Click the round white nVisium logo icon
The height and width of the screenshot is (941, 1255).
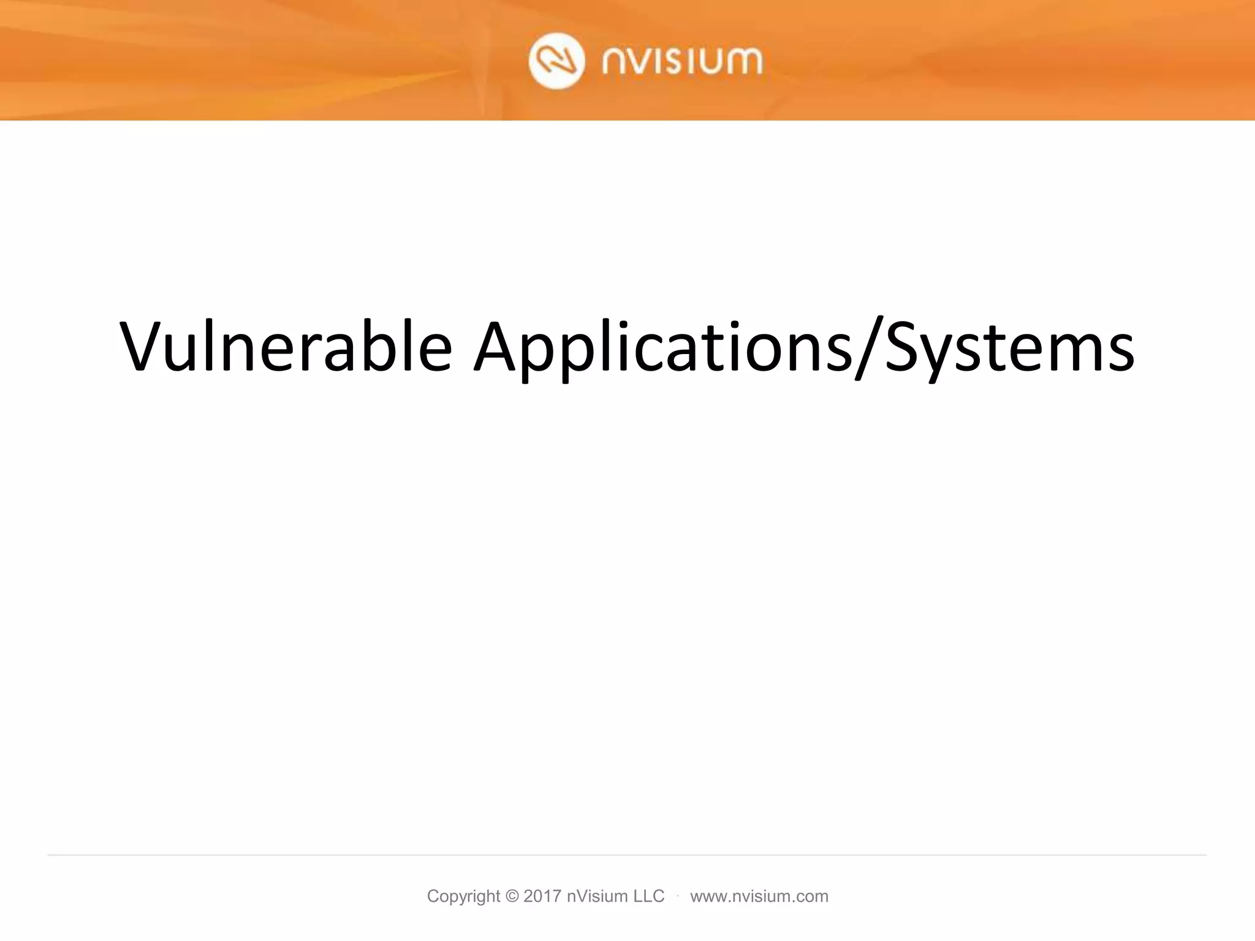[x=556, y=61]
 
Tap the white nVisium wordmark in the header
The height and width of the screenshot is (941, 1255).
[x=682, y=61]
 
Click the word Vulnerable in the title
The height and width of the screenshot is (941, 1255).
[x=286, y=347]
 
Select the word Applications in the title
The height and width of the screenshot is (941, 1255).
[x=662, y=347]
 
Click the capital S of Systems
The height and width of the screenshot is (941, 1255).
[x=904, y=347]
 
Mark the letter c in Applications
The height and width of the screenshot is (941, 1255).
[x=652, y=354]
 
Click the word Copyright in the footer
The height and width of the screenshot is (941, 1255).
[x=463, y=896]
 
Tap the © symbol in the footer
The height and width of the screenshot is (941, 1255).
[x=512, y=896]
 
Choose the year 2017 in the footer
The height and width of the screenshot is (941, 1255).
[x=542, y=896]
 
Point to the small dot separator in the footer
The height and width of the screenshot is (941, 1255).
[x=678, y=896]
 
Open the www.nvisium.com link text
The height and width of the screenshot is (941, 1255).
[x=759, y=896]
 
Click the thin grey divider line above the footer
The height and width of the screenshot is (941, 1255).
[x=627, y=855]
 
